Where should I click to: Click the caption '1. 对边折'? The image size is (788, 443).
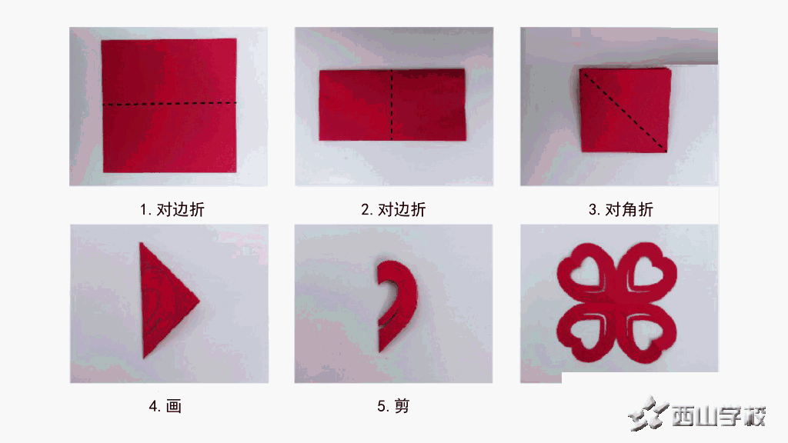(x=172, y=209)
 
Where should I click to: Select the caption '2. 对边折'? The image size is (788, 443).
(x=393, y=209)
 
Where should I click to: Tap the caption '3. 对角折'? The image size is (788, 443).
(x=621, y=209)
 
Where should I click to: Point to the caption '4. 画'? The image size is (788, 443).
(x=165, y=405)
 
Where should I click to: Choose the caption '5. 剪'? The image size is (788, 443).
(x=393, y=405)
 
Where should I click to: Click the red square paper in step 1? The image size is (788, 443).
(x=169, y=105)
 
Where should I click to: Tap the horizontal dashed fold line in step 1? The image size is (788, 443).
(x=169, y=104)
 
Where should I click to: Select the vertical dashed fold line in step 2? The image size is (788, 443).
(x=392, y=105)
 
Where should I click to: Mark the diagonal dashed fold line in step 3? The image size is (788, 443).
(x=623, y=110)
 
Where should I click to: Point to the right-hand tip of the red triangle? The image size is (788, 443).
(x=199, y=301)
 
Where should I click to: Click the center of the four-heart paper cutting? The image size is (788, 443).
(x=616, y=301)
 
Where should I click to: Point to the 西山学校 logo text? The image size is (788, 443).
(x=719, y=416)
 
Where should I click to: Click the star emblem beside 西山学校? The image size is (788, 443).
(x=648, y=413)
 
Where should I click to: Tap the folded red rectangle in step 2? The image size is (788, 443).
(x=392, y=105)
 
